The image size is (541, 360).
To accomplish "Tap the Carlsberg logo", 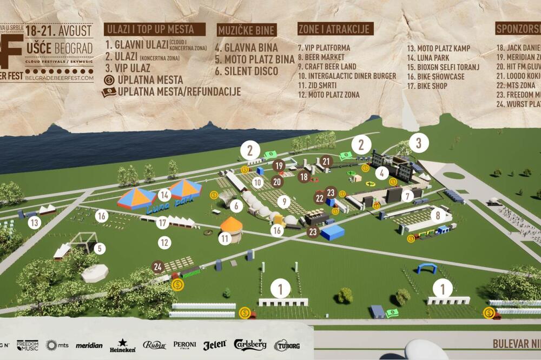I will click(250, 345).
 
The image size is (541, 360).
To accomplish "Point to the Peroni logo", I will click(185, 345).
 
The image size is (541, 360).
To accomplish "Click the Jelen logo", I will click(215, 345).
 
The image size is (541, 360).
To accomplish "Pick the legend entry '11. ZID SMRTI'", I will click(317, 85).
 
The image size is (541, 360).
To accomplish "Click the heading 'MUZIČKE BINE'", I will click(247, 30).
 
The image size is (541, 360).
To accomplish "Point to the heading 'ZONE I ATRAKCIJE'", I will click(335, 29).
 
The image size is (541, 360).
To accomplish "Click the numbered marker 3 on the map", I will click(419, 143).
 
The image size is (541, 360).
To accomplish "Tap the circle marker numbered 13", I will click(35, 222).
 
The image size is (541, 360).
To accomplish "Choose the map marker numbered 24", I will click(158, 266).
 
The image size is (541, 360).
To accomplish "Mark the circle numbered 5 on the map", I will click(100, 249).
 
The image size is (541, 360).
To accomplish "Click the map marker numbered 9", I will click(283, 202).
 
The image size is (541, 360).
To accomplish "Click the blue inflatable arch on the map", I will click(426, 268).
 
